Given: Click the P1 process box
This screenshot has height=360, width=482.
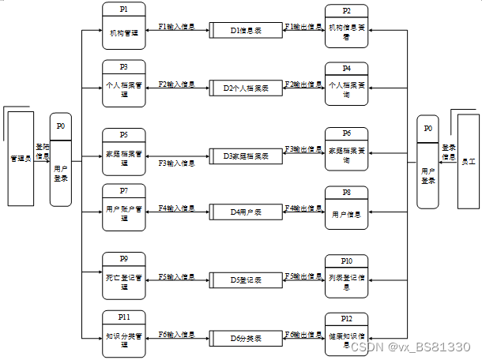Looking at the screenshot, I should (x=124, y=25).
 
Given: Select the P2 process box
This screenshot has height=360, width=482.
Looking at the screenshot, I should (x=347, y=25).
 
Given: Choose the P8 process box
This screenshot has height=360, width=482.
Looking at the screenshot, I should (x=347, y=208).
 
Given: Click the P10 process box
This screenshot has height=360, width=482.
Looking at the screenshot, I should (x=347, y=276).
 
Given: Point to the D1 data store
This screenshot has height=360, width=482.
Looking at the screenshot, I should (x=246, y=31).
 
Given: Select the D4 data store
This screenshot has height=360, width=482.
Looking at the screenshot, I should (x=246, y=212).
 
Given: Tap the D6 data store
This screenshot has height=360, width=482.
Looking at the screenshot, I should (x=246, y=339).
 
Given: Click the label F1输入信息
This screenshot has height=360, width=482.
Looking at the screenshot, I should (x=177, y=27).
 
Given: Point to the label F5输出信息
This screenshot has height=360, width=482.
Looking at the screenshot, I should (x=303, y=276).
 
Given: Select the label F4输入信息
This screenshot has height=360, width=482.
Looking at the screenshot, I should (x=177, y=208).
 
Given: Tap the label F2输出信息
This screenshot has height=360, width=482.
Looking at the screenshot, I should (x=303, y=84).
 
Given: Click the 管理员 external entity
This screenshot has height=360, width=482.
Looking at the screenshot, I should (x=20, y=158).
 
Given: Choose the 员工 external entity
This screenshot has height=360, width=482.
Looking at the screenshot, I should (x=468, y=160).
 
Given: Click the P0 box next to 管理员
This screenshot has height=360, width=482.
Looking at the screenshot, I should (x=61, y=160).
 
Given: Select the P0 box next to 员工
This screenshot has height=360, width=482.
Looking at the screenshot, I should (x=427, y=163).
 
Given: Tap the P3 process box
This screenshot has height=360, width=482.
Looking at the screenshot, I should (x=124, y=81).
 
